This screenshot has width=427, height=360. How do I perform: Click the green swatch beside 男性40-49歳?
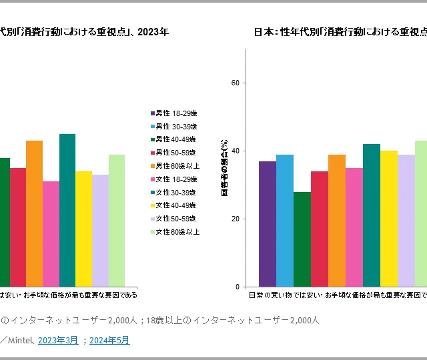click(x=153, y=139)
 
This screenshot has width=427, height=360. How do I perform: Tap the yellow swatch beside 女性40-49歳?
click(x=153, y=205)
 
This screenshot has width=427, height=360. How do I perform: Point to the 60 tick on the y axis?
click(x=236, y=83)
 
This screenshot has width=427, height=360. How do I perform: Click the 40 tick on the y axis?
click(x=236, y=151)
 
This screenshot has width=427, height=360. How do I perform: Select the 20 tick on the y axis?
click(x=236, y=219)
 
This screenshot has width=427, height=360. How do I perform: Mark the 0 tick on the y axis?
click(x=238, y=287)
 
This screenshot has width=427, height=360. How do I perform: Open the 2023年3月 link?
click(x=57, y=340)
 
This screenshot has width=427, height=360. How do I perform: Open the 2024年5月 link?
click(x=109, y=340)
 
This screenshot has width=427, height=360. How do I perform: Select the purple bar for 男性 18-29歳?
click(x=268, y=223)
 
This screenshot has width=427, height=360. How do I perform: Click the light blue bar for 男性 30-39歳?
click(x=285, y=220)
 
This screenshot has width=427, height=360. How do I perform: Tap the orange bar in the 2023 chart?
click(x=34, y=213)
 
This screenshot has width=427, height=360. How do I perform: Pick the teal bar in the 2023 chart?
click(x=67, y=210)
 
